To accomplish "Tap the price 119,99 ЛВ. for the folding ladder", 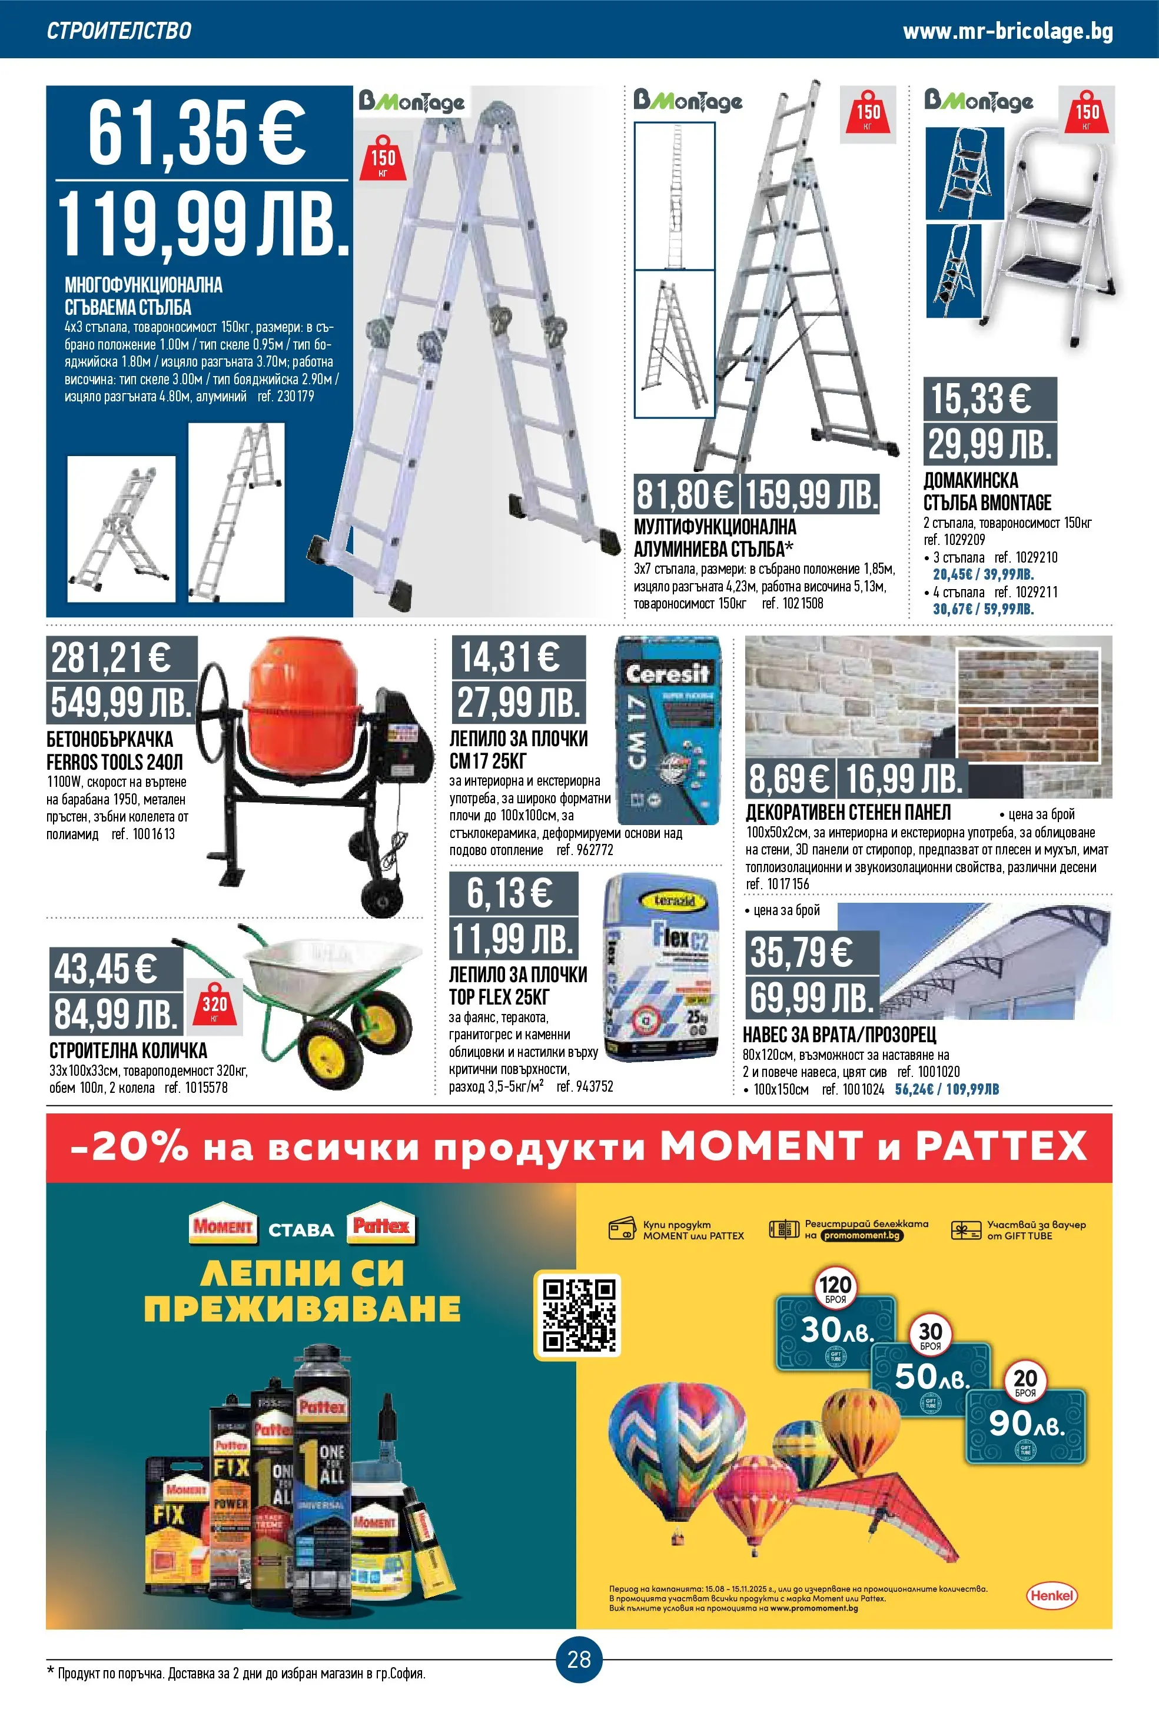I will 202,224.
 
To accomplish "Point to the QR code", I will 578,1314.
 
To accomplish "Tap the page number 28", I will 579,1658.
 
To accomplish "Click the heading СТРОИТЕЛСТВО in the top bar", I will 119,31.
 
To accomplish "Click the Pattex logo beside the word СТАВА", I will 380,1225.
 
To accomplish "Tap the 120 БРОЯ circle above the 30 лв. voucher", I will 835,1288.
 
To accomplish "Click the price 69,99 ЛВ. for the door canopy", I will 811,998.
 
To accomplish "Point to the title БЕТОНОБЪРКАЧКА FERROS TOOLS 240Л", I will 114,750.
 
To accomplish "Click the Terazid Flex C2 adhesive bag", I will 662,967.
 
